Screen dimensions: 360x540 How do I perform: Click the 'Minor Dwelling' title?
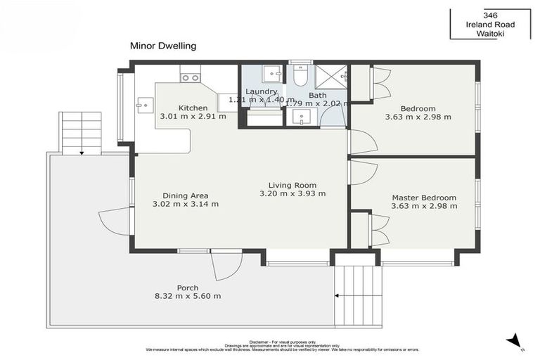click(x=162, y=46)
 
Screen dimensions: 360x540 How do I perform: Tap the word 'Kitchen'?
click(x=193, y=108)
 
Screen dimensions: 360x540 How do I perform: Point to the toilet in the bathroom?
click(x=300, y=76)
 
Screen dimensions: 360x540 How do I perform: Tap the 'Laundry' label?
click(x=261, y=91)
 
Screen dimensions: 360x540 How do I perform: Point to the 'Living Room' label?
click(x=292, y=184)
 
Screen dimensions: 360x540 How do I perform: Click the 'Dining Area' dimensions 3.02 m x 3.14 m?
click(x=186, y=205)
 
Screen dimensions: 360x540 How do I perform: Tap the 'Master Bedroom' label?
click(x=424, y=198)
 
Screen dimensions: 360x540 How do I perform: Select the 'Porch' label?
click(x=188, y=288)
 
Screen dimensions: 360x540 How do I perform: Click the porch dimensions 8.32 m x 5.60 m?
click(x=188, y=296)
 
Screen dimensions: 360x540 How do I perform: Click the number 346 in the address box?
click(x=491, y=14)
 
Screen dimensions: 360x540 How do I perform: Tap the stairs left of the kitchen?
click(x=82, y=132)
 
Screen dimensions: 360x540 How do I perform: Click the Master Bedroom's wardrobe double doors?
click(x=380, y=229)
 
